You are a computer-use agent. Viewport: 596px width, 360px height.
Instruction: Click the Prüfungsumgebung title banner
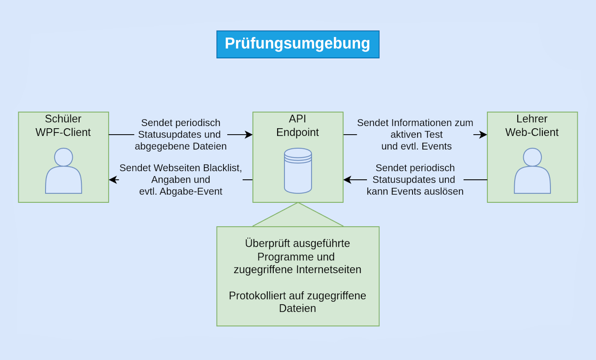(x=298, y=44)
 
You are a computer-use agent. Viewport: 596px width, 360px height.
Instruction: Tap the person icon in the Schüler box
(x=63, y=171)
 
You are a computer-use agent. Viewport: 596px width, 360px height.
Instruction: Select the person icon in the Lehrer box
(x=532, y=171)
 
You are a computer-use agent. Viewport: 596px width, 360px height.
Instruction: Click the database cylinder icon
(x=298, y=171)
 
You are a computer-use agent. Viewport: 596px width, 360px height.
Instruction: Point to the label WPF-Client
(x=63, y=132)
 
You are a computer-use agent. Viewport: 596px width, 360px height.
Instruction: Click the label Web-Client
(x=532, y=132)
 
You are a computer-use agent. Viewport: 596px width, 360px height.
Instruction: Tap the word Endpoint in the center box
(x=298, y=132)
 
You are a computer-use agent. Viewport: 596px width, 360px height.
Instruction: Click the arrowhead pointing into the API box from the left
(x=249, y=135)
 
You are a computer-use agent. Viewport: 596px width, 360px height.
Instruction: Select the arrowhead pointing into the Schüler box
(x=112, y=180)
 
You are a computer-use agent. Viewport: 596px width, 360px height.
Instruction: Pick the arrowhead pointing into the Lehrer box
(x=483, y=135)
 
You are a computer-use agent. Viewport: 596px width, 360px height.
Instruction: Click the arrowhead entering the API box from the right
(x=347, y=180)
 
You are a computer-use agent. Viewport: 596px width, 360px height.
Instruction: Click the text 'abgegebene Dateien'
(x=181, y=147)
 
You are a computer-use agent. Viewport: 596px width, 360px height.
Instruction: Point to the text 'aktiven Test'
(x=416, y=135)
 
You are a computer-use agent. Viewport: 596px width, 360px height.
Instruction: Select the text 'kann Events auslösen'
(x=415, y=192)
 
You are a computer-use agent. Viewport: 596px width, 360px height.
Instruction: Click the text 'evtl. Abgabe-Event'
(x=181, y=192)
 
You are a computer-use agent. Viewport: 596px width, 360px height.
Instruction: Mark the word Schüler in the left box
(x=63, y=119)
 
